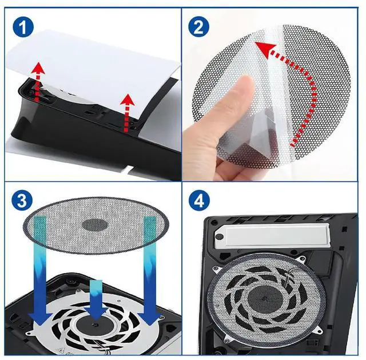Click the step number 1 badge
pyautogui.click(x=23, y=28)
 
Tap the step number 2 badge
pyautogui.click(x=198, y=27)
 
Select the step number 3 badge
pyautogui.click(x=22, y=200)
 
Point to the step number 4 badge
pyautogui.click(x=199, y=200)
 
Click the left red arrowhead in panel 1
pyautogui.click(x=38, y=68)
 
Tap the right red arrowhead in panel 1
pyautogui.click(x=128, y=100)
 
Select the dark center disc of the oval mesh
pyautogui.click(x=95, y=225)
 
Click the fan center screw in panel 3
pyautogui.click(x=93, y=325)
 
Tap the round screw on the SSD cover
pyautogui.click(x=220, y=237)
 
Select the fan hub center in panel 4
pyautogui.click(x=264, y=298)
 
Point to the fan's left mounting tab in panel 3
pyautogui.click(x=30, y=332)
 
